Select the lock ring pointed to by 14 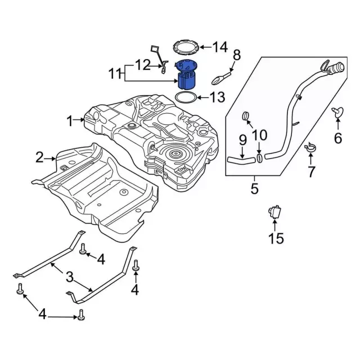click(x=185, y=46)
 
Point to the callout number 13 click(x=217, y=98)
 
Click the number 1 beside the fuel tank click(x=70, y=120)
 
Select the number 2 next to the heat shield click(x=39, y=158)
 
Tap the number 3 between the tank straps click(x=70, y=276)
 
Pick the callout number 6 click(x=338, y=137)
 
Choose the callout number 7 click(x=311, y=171)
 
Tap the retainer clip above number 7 click(x=309, y=148)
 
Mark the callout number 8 click(x=236, y=55)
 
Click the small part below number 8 click(x=224, y=74)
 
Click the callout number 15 click(x=276, y=238)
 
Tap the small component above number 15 click(x=274, y=211)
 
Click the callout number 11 click(x=115, y=74)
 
